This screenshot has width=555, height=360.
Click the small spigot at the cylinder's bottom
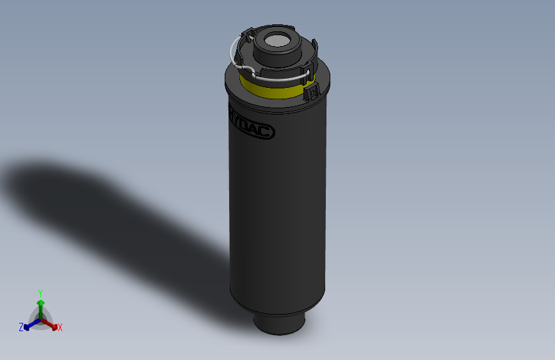click(x=280, y=323)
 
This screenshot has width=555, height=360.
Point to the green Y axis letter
click(x=40, y=292)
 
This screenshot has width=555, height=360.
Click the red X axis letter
click(x=60, y=328)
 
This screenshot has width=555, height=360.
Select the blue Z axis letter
click(x=21, y=327)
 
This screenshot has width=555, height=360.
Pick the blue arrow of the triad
click(x=29, y=325)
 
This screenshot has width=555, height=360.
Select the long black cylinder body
click(x=279, y=211)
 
